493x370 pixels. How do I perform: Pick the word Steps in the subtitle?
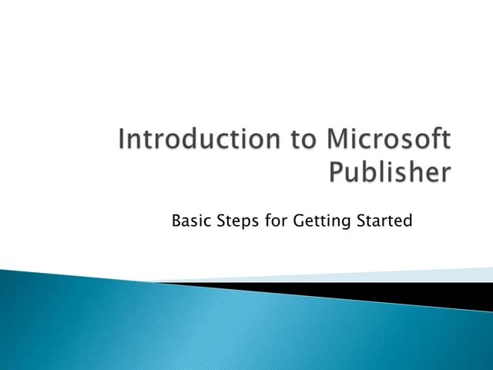point(238,222)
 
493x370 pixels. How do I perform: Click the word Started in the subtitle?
point(384,222)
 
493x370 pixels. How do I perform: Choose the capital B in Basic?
point(176,222)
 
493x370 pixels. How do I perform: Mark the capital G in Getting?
point(300,222)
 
